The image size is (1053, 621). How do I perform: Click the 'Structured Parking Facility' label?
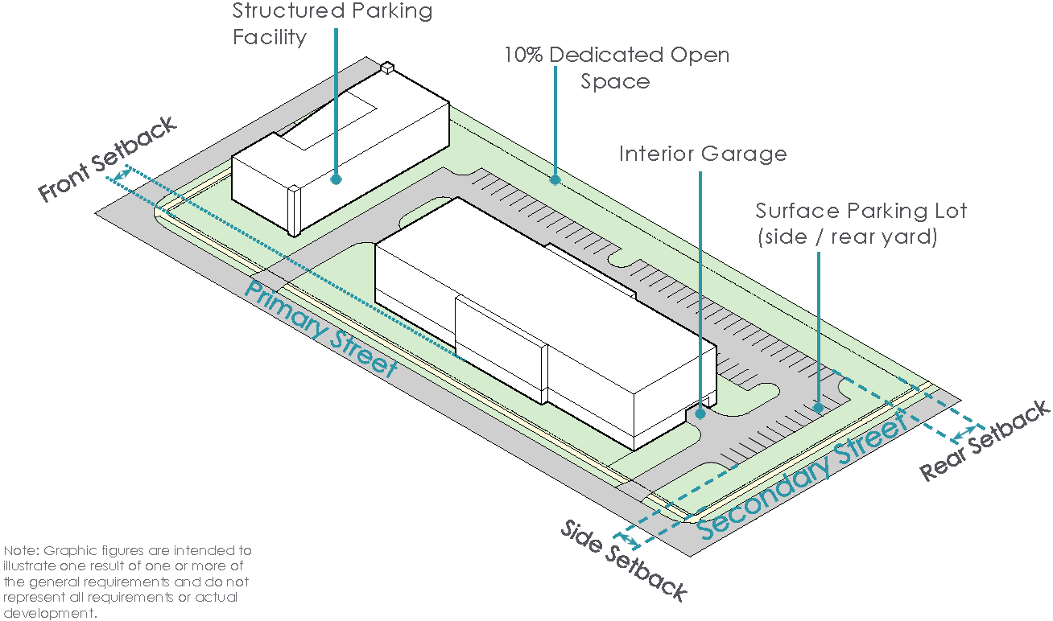coord(332,24)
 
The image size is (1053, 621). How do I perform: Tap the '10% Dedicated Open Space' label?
coord(616,68)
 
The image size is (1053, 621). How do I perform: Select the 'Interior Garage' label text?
coord(702,154)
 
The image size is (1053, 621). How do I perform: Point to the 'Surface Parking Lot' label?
coord(861,212)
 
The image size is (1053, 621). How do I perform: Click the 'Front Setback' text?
coord(107,160)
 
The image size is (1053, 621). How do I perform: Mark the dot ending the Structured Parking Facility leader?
coord(336,179)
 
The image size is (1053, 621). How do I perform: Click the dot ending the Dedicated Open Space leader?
coord(555,179)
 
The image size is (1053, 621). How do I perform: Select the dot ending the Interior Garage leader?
coord(700,413)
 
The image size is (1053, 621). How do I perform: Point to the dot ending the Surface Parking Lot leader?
coord(818,408)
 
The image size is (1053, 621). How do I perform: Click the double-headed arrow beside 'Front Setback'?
coord(123,174)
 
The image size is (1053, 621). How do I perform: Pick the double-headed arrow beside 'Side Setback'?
coord(626,537)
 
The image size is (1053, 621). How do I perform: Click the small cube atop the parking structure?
coord(386,68)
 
